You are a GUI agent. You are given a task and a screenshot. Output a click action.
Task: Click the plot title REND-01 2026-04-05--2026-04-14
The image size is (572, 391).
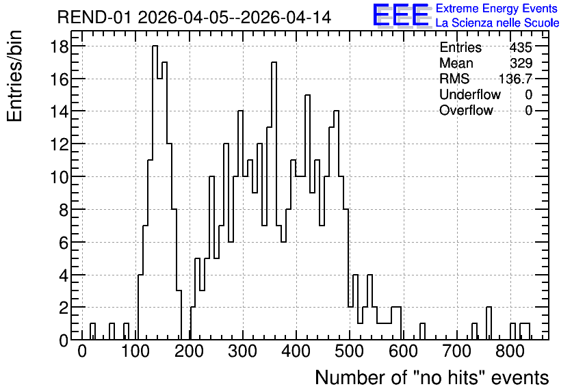click(x=194, y=17)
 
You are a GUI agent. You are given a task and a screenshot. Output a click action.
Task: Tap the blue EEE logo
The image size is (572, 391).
click(x=402, y=16)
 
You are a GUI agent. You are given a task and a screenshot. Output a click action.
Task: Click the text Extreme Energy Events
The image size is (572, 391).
click(x=497, y=8)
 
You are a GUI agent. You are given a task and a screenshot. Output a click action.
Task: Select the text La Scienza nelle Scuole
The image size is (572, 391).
click(x=497, y=23)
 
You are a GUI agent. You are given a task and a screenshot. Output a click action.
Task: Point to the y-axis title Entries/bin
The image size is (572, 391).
click(x=14, y=76)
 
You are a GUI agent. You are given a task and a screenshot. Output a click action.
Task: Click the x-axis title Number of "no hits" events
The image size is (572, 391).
click(x=432, y=377)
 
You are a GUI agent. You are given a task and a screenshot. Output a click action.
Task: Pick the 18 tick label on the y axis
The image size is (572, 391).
click(x=60, y=46)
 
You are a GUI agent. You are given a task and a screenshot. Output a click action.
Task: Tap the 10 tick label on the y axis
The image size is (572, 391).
click(x=60, y=177)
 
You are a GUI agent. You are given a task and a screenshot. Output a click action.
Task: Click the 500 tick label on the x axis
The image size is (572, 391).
click(x=350, y=351)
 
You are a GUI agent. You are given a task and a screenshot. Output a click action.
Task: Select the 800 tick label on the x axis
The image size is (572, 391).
click(x=510, y=351)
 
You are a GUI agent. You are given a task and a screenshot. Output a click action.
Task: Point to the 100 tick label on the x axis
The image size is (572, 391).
click(x=135, y=351)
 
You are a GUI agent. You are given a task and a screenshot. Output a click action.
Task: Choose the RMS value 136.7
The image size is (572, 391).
click(x=515, y=79)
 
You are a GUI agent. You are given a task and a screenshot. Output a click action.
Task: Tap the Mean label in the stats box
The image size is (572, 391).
click(x=456, y=63)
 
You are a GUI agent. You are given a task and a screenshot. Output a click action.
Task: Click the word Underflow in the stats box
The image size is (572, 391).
click(x=470, y=94)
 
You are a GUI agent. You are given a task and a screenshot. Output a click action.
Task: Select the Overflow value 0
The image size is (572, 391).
click(x=529, y=110)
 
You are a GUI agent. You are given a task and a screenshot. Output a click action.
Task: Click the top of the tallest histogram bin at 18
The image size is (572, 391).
click(x=155, y=46)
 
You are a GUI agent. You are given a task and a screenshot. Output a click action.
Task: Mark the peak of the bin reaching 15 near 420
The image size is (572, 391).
click(x=307, y=95)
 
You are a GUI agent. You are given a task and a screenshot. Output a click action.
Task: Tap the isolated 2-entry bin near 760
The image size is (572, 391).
click(x=489, y=307)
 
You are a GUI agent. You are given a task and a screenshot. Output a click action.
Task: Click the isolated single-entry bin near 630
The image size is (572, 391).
click(x=422, y=323)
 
